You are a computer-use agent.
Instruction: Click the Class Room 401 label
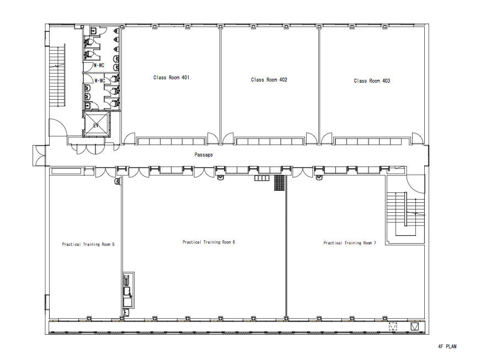[x=171, y=77]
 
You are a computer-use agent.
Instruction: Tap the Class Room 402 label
[x=269, y=79]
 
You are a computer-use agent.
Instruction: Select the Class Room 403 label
[x=372, y=81]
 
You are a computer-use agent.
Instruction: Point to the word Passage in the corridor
[x=204, y=154]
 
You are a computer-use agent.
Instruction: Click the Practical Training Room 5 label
[x=88, y=244]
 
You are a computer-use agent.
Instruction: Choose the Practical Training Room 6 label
[x=209, y=242]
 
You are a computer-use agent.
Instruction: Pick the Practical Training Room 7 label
[x=350, y=243]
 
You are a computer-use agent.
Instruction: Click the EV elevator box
[x=97, y=125]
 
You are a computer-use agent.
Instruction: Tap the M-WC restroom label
[x=99, y=66]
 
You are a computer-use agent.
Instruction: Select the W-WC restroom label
[x=100, y=80]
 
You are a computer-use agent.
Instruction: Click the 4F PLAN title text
[x=447, y=346]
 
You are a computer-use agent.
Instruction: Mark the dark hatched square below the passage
[x=280, y=182]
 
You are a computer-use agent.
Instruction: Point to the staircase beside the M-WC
[x=57, y=76]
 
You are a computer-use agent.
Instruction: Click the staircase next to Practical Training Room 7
[x=405, y=214]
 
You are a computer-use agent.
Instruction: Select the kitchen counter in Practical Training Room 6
[x=129, y=291]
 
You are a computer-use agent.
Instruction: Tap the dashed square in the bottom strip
[x=393, y=326]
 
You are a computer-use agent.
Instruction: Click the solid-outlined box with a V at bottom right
[x=415, y=326]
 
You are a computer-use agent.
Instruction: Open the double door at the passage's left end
[x=39, y=155]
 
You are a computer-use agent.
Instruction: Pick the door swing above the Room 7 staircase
[x=415, y=184]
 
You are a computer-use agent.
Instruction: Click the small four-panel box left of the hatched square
[x=262, y=178]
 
